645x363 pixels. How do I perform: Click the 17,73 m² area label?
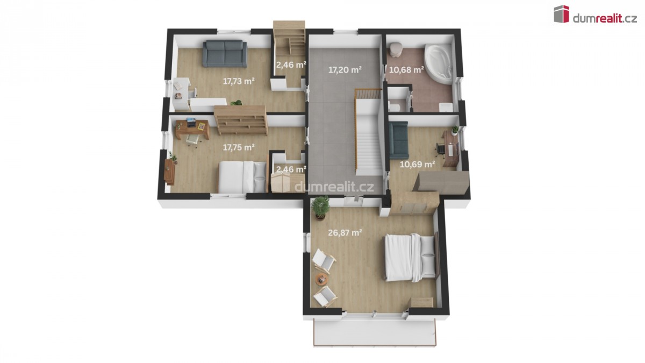(239, 81)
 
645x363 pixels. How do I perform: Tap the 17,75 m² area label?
(239, 147)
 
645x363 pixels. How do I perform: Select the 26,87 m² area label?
(345, 232)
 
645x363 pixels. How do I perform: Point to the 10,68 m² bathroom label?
(406, 70)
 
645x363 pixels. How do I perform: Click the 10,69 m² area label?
(417, 165)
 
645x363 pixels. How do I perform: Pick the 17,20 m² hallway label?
(345, 70)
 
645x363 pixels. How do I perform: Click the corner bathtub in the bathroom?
(439, 64)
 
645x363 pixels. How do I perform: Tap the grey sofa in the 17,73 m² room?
(225, 54)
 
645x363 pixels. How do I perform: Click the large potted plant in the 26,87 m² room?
(320, 208)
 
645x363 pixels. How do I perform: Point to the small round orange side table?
(321, 279)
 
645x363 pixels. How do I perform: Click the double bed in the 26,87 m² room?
(411, 257)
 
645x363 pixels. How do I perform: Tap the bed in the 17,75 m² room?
(242, 177)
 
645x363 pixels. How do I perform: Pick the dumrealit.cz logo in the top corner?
(596, 14)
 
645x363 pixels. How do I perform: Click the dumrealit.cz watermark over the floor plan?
(334, 187)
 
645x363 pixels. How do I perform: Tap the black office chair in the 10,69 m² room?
(440, 149)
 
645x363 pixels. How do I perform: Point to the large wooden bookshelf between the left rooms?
(241, 120)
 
